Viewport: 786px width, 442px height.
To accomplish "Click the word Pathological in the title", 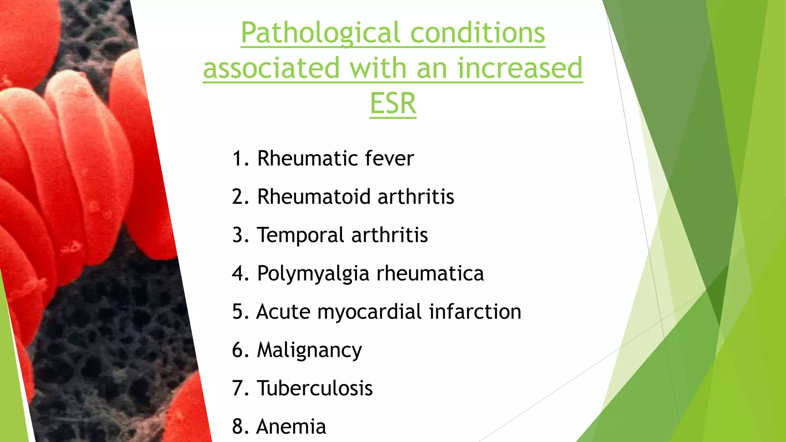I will [x=320, y=34].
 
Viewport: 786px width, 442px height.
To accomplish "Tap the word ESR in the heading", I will [x=393, y=104].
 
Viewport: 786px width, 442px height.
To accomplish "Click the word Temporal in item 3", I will [x=301, y=235].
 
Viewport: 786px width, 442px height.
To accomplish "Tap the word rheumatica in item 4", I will [x=430, y=273].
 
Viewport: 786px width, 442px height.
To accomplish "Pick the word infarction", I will [x=475, y=312].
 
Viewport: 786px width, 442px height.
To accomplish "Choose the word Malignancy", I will [x=309, y=351].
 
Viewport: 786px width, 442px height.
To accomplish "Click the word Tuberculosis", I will [x=315, y=388].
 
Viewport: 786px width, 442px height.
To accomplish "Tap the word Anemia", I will [x=291, y=427].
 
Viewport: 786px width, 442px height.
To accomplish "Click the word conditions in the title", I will [x=477, y=33].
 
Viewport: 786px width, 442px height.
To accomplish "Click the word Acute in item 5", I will [x=283, y=312].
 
